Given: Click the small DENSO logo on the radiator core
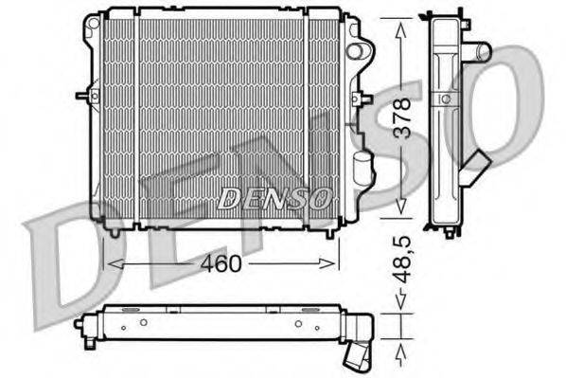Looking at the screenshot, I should tap(274, 198).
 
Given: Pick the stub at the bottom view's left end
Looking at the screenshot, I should tap(79, 323).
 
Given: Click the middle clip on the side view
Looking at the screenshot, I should tap(442, 99).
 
